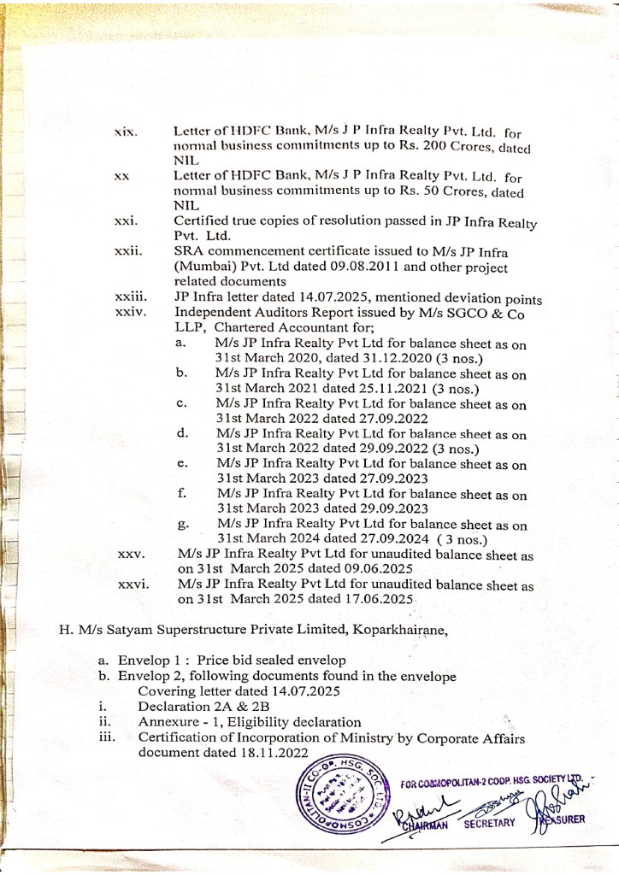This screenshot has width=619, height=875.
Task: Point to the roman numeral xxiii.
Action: point(130,298)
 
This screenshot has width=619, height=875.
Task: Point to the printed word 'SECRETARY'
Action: point(489,823)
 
